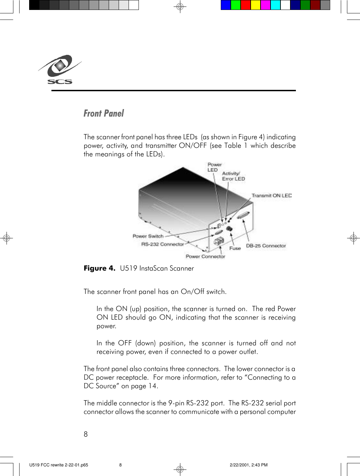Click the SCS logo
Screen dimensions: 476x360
tap(60, 70)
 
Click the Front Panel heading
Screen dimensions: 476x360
tap(104, 114)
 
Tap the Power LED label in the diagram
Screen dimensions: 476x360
tap(214, 167)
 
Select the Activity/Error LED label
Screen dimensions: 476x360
tap(233, 176)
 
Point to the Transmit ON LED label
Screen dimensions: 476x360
tap(272, 195)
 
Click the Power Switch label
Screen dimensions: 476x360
tap(148, 236)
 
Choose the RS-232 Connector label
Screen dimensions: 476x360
tap(163, 244)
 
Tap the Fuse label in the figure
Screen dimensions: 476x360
tap(235, 248)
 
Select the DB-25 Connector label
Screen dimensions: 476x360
tap(266, 246)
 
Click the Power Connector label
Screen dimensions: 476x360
tap(205, 256)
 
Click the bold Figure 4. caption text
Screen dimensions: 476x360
tap(99, 268)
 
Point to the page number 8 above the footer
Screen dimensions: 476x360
tap(86, 434)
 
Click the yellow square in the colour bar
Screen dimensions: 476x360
tap(255, 5)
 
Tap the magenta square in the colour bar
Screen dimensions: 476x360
tap(265, 5)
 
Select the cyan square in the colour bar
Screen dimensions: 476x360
tap(275, 5)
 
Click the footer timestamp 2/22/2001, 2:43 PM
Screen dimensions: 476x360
tap(249, 465)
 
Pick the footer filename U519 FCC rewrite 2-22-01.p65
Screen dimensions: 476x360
tap(59, 465)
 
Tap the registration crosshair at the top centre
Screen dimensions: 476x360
tap(180, 7)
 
